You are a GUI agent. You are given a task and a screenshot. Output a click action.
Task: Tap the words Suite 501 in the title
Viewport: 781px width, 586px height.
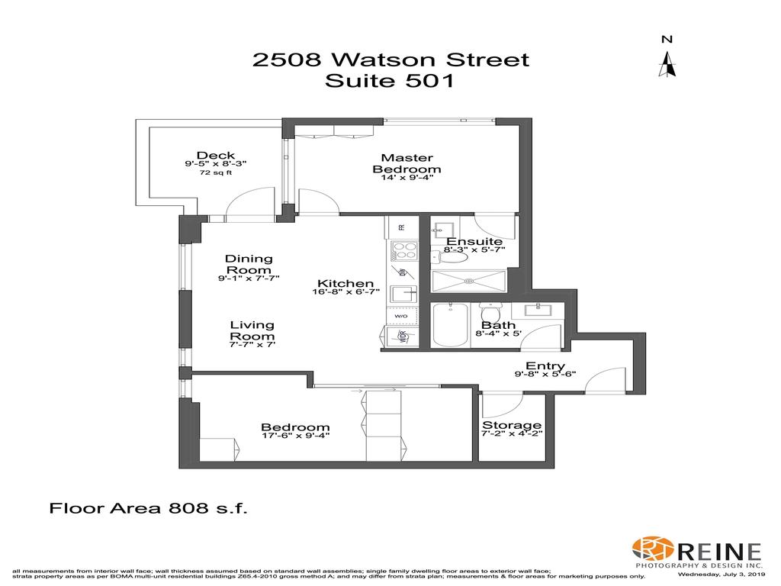[390, 81]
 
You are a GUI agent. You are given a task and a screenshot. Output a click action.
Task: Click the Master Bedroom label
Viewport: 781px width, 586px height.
[407, 163]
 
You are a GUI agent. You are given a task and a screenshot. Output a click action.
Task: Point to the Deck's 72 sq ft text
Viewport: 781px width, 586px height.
[215, 173]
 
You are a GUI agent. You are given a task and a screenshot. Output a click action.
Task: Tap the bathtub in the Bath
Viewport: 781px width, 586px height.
[451, 325]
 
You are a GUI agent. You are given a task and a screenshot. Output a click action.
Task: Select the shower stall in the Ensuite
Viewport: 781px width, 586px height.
[468, 281]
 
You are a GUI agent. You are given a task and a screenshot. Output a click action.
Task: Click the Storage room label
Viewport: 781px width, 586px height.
[512, 425]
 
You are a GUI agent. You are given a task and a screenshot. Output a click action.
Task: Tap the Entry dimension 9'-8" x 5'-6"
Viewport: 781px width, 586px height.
[546, 374]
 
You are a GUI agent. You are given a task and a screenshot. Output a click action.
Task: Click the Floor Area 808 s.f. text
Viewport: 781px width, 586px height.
[149, 507]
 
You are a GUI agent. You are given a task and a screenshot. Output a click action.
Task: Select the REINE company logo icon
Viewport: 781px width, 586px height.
[651, 549]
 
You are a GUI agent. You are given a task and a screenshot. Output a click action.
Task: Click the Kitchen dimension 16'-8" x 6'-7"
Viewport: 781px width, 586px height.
[346, 291]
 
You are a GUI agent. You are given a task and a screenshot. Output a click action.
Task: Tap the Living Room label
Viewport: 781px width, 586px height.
[252, 330]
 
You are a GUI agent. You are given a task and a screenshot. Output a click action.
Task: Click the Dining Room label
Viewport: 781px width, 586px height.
[249, 264]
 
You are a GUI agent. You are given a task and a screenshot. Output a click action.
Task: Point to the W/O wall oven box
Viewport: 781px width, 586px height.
[400, 316]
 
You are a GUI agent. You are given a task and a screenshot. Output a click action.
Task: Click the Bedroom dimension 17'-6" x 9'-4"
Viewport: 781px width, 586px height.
[295, 436]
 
